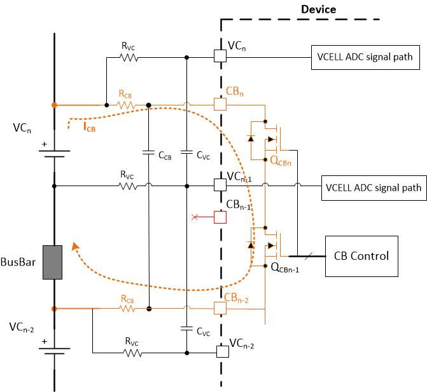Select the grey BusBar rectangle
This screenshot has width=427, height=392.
point(52,262)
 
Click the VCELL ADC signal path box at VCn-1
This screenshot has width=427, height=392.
point(373,187)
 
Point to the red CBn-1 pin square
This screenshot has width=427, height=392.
point(220,217)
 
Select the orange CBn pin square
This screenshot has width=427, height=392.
point(220,104)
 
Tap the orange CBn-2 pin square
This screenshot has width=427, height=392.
point(220,308)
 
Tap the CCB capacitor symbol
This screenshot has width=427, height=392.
point(148,153)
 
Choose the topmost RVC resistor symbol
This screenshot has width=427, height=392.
point(130,57)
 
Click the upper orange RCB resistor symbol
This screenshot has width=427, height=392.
point(127,105)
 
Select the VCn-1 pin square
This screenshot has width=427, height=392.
point(220,186)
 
